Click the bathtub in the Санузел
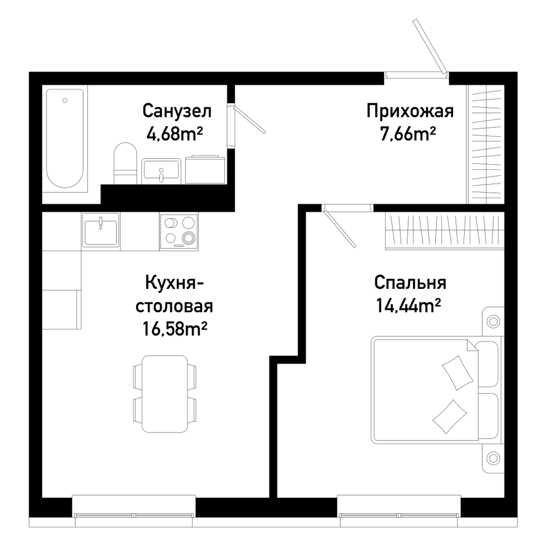pyautogui.click(x=65, y=138)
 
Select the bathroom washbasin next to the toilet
pyautogui.click(x=161, y=171)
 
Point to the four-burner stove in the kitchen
pyautogui.click(x=179, y=231)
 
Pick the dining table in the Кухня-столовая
pyautogui.click(x=165, y=394)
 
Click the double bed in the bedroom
pyautogui.click(x=437, y=390)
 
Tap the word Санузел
pyautogui.click(x=177, y=111)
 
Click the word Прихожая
pyautogui.click(x=410, y=111)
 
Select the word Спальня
pyautogui.click(x=410, y=283)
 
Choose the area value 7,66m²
pyautogui.click(x=408, y=134)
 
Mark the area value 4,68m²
pyautogui.click(x=175, y=134)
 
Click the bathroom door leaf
pyautogui.click(x=250, y=120)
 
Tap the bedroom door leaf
pyautogui.click(x=340, y=228)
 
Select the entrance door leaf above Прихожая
pyautogui.click(x=430, y=46)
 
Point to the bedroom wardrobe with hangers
pyautogui.click(x=444, y=231)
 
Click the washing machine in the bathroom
pyautogui.click(x=205, y=170)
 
